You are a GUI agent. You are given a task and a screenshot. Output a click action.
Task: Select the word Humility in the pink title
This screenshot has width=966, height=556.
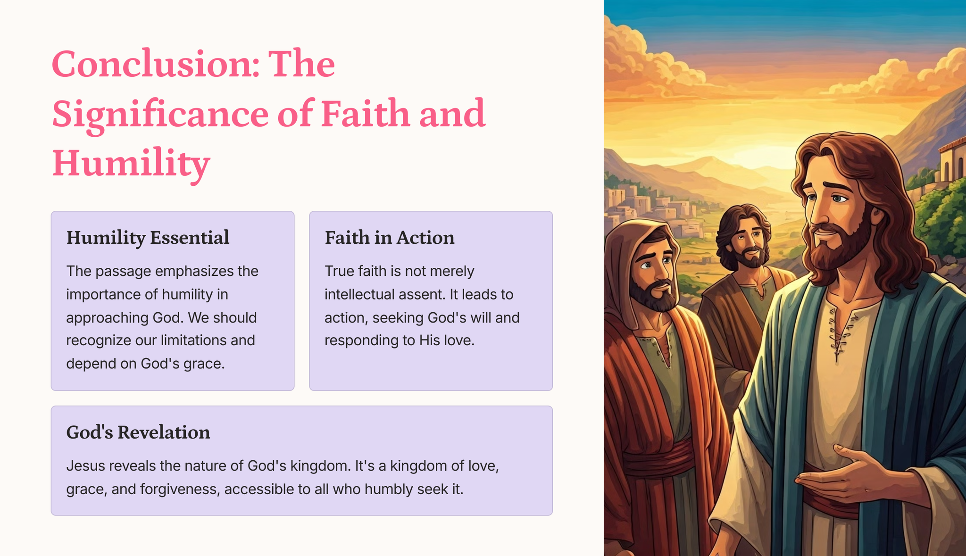pos(131,164)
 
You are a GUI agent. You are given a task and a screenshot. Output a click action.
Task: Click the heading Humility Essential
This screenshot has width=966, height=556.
pos(148,238)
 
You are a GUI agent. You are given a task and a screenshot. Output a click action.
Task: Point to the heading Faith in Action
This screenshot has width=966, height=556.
pos(390,238)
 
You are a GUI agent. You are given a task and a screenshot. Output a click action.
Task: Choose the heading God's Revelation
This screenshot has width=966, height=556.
pos(138,432)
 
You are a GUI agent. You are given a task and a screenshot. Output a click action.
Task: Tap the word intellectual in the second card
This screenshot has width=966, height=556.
pos(360,294)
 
